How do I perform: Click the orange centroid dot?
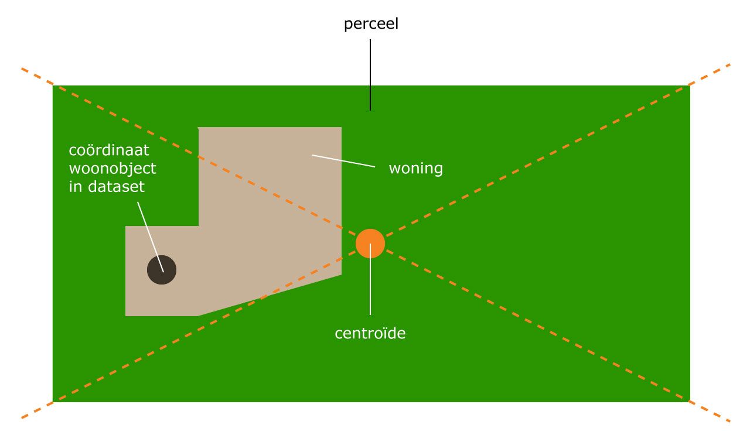point(370,244)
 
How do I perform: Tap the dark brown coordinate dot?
point(162,270)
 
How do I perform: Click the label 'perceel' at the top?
point(371,25)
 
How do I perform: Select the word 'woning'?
point(415,169)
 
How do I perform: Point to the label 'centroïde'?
point(370,334)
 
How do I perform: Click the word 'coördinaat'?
point(109,150)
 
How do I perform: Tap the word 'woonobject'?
point(112,169)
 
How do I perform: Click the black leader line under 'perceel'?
point(370,74)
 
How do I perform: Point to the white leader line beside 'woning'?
point(344,161)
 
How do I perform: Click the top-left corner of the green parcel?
point(53,86)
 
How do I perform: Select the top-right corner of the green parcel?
point(690,86)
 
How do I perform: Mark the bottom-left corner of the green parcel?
point(53,401)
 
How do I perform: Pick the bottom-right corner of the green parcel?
point(690,401)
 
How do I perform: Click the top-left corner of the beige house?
point(199,128)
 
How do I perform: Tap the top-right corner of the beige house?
point(341,128)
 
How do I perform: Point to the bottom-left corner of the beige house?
point(126,316)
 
